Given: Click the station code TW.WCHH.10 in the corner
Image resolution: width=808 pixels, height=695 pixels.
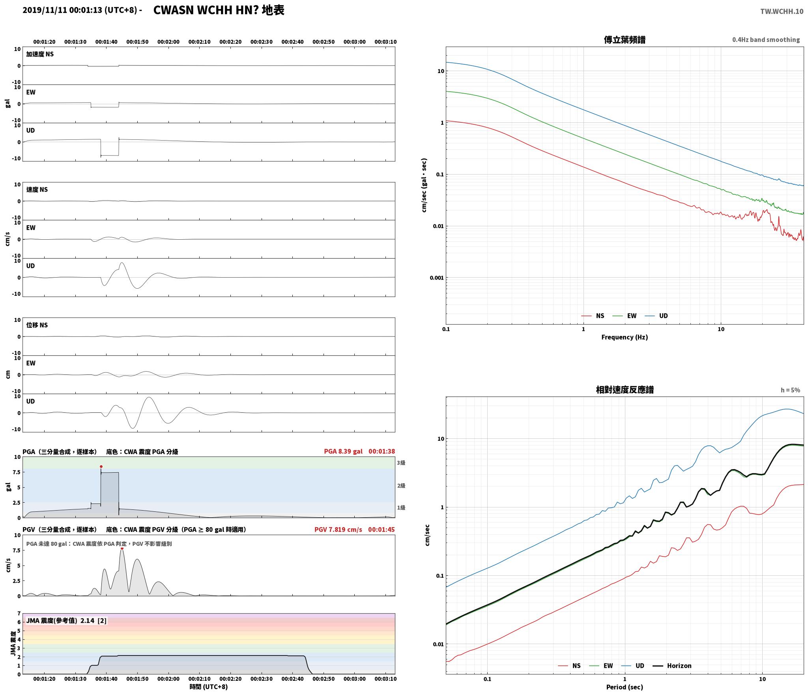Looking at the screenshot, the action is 782,11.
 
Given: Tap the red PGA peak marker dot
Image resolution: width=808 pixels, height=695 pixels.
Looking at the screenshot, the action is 101,467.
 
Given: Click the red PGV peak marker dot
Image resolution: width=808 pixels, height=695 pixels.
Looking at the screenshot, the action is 122,548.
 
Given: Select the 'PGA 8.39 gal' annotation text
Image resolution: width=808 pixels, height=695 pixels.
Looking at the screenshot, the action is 343,451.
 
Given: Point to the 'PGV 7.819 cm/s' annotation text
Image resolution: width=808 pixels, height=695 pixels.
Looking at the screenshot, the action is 338,530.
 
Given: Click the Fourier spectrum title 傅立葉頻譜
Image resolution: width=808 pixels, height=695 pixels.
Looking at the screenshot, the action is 625,40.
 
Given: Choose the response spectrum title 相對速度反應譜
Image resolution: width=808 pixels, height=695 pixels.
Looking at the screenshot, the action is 625,390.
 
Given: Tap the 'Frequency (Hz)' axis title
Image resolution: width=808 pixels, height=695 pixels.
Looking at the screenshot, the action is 625,337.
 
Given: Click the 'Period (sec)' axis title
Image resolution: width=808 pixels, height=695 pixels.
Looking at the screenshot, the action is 625,687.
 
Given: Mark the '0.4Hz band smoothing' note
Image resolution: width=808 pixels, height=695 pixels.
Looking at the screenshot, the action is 766,40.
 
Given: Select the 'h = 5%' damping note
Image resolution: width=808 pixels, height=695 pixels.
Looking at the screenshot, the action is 790,390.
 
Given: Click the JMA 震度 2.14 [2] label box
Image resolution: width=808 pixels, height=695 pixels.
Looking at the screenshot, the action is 66,621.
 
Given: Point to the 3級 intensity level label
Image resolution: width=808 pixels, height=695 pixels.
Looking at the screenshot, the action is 401,463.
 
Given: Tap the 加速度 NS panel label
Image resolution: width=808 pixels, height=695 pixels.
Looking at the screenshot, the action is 40,54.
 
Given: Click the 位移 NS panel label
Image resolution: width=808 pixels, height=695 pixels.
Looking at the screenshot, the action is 37,325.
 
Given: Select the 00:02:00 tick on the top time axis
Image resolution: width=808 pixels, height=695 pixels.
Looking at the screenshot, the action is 168,42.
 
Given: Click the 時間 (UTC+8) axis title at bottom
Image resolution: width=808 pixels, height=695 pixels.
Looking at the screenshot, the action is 209,687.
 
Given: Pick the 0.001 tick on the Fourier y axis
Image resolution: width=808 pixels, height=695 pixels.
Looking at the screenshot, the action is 437,278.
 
